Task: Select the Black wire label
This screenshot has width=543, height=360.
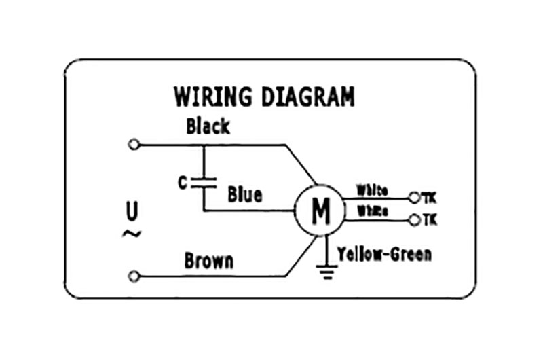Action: tap(208, 126)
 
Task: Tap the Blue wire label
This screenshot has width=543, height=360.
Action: tap(244, 195)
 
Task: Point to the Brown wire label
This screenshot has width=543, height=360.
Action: tap(208, 261)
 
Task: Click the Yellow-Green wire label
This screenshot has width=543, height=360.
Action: tap(383, 254)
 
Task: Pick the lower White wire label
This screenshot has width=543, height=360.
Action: tap(372, 211)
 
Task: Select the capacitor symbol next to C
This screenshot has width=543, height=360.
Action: tap(204, 182)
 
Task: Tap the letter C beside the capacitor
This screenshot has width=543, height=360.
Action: tap(182, 183)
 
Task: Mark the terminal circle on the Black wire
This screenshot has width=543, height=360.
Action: tap(134, 145)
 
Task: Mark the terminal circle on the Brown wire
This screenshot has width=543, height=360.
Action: tap(134, 276)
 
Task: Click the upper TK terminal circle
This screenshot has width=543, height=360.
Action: tap(415, 198)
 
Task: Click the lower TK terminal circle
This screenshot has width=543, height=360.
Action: tap(415, 220)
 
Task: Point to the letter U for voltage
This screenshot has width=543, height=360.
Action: tap(132, 212)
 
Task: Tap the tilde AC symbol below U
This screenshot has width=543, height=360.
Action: tap(131, 234)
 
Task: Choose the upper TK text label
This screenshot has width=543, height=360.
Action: tap(430, 198)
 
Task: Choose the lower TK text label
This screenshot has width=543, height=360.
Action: tap(430, 220)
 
